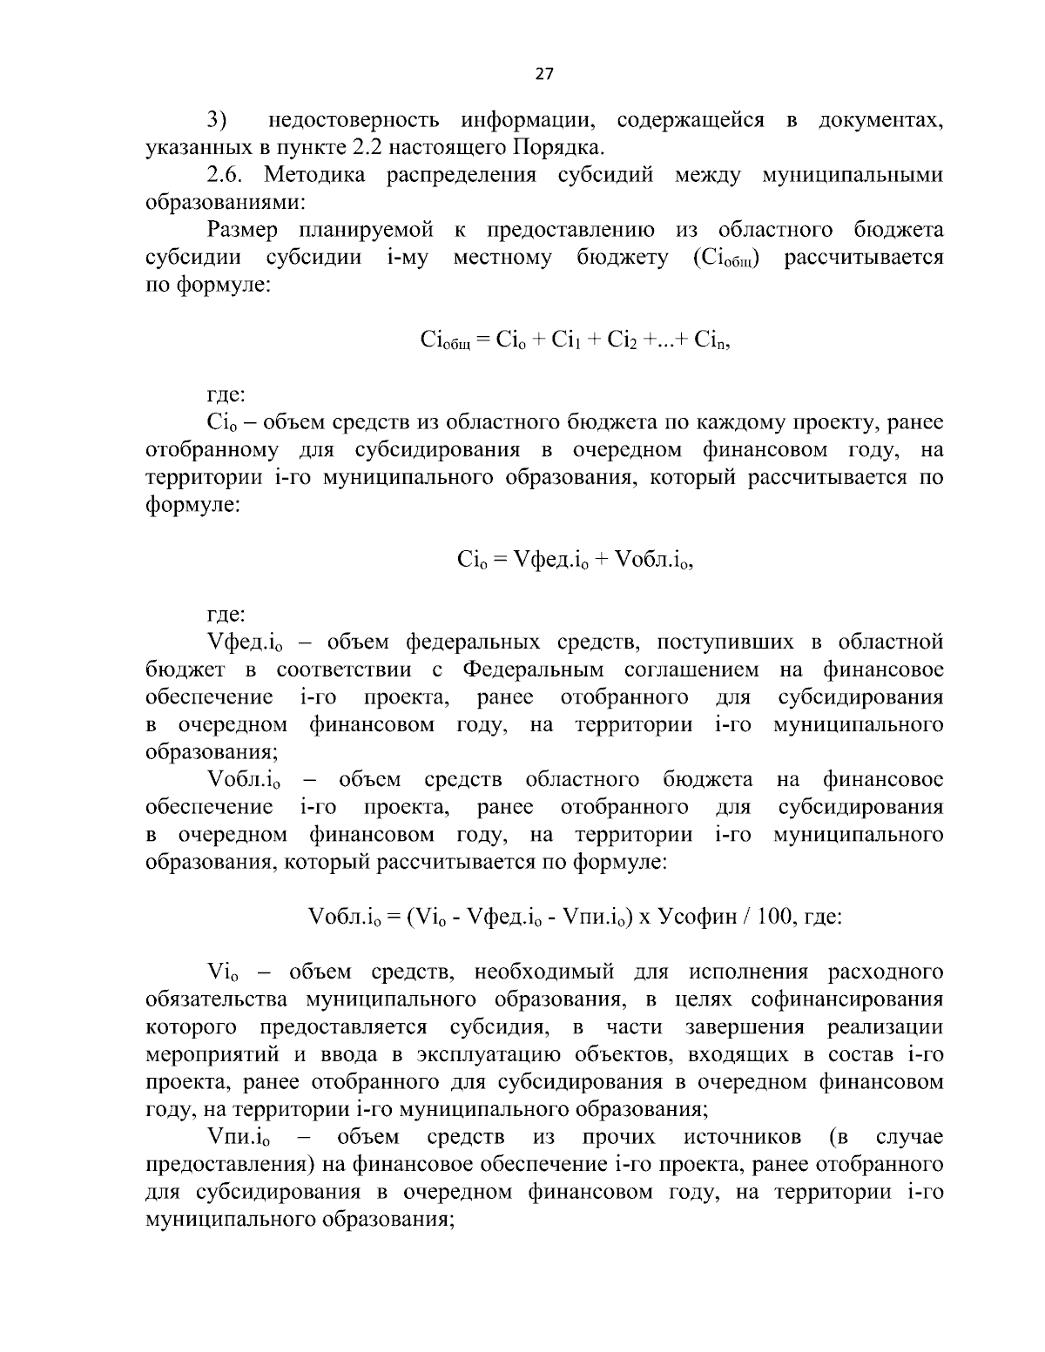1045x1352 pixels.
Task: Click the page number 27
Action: (543, 74)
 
